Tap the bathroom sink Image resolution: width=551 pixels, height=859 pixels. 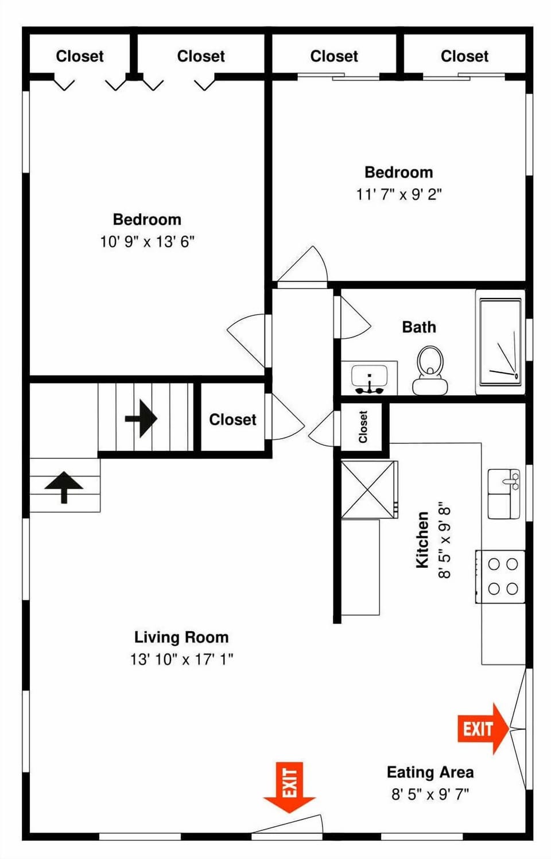[370, 378]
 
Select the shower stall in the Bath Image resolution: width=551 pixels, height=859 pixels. [500, 342]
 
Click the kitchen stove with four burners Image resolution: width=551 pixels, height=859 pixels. [500, 576]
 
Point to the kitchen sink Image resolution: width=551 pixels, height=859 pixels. [503, 494]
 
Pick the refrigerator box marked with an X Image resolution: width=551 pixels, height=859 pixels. [369, 490]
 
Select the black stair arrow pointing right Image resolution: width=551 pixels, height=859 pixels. [141, 419]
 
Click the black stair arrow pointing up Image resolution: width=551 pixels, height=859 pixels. [64, 487]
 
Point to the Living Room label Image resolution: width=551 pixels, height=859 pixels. [181, 637]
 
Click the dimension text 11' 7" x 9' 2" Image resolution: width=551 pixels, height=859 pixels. [399, 195]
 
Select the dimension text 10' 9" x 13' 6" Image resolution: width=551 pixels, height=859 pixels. [148, 242]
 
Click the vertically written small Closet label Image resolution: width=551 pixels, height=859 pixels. [363, 427]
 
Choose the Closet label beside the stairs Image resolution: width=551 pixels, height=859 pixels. [233, 420]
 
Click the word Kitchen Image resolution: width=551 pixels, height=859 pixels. [422, 540]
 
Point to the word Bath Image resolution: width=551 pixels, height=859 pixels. [419, 327]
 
